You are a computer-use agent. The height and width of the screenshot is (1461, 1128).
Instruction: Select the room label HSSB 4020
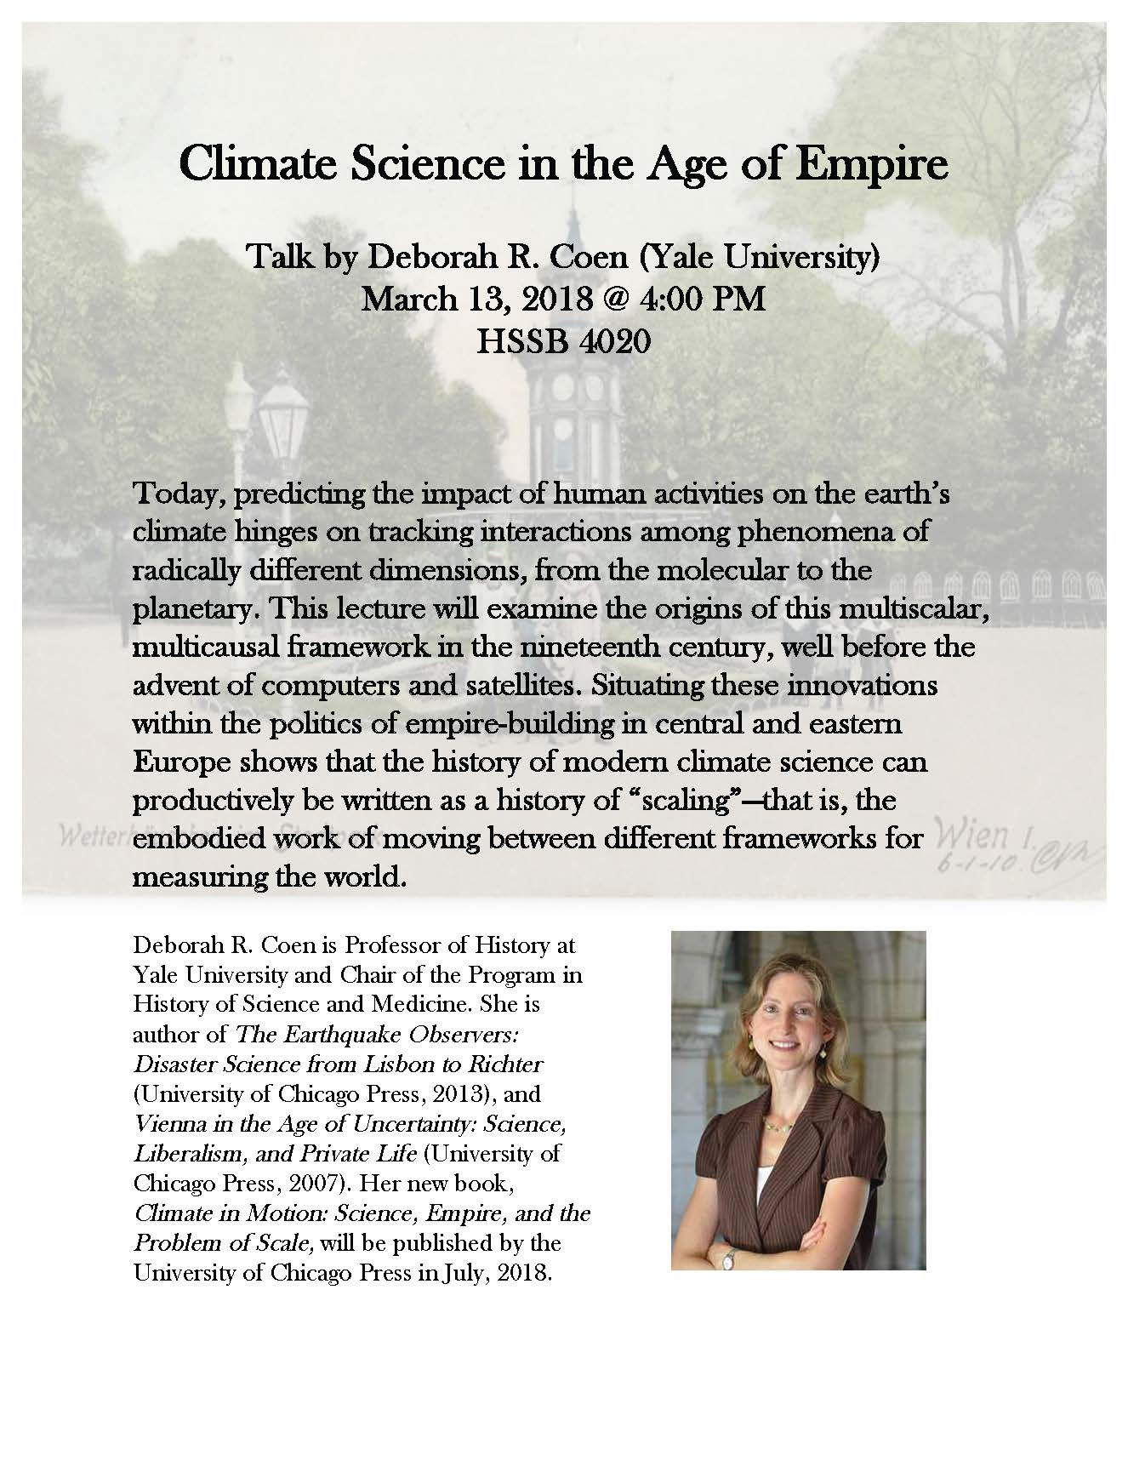pos(563,341)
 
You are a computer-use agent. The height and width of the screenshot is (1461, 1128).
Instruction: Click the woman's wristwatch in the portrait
pos(727,1258)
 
